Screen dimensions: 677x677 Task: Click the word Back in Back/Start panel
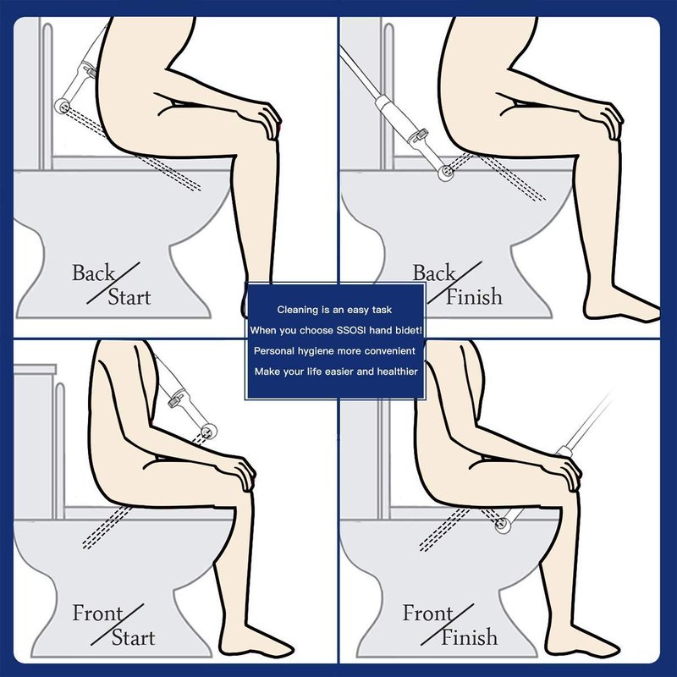coord(93,272)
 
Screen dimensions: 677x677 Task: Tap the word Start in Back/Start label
coord(129,297)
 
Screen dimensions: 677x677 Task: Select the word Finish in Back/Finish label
coord(474,297)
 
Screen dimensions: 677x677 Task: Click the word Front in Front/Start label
coord(97,613)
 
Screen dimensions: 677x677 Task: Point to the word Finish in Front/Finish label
coord(469,637)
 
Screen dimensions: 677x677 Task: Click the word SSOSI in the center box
coord(351,330)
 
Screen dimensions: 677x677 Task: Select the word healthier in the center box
coord(397,372)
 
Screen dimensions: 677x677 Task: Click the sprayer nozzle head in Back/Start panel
coord(63,105)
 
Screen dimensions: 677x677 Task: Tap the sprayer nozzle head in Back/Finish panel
coord(446,173)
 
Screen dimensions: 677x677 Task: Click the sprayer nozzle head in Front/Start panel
coord(209,431)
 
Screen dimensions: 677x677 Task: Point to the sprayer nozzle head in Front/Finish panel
coord(503,525)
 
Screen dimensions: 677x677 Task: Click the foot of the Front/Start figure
coord(255,642)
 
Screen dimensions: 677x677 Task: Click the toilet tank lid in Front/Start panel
coord(35,370)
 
